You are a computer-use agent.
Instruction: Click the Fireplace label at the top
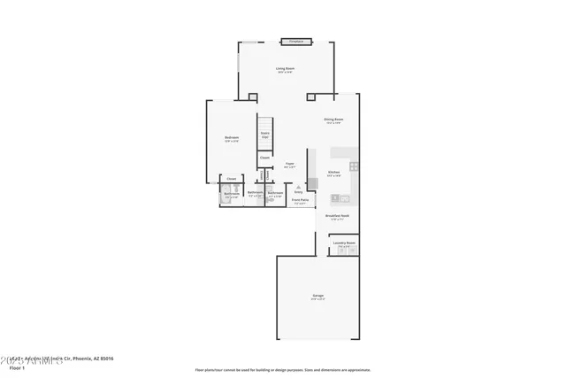296,41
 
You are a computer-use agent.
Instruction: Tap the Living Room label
284,68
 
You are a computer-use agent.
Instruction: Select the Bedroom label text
232,137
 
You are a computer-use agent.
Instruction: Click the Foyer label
289,164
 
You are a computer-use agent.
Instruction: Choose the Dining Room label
333,120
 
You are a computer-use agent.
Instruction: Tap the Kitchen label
333,172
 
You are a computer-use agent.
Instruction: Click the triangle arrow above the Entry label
298,186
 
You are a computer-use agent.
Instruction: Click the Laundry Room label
344,242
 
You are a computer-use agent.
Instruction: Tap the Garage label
317,295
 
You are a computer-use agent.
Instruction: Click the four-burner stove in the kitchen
353,166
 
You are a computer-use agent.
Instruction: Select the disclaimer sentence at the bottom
283,369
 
